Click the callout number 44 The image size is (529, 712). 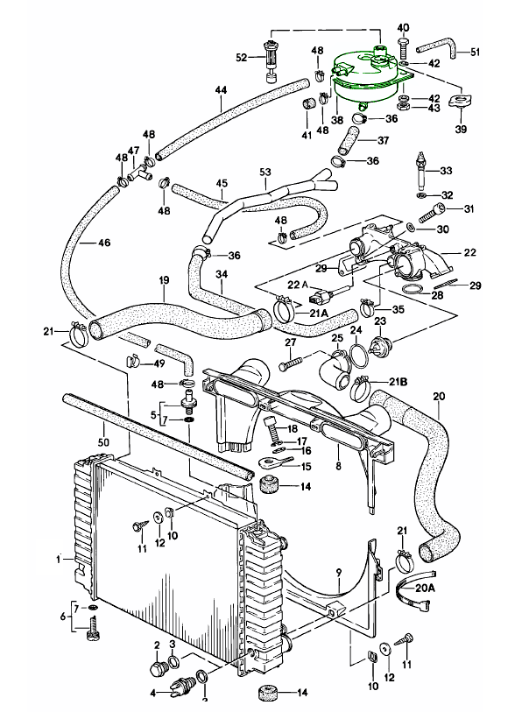pyautogui.click(x=220, y=90)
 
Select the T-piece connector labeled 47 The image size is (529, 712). pyautogui.click(x=135, y=173)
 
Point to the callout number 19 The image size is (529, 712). pyautogui.click(x=163, y=281)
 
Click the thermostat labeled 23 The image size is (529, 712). pyautogui.click(x=381, y=344)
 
